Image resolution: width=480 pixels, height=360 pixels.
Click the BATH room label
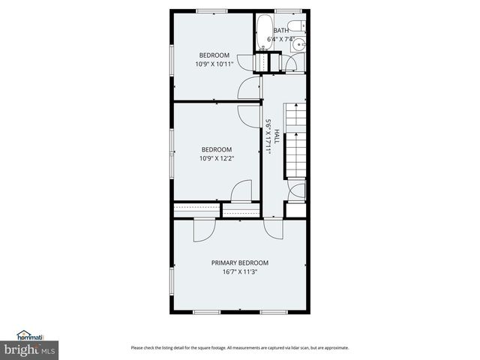coord(280,30)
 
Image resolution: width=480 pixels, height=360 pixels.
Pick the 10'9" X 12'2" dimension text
coord(215,158)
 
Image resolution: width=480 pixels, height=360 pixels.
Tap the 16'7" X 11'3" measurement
coord(239,272)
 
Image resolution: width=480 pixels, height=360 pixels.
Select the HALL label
coord(277,135)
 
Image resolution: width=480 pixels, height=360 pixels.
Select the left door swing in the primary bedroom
coord(202,230)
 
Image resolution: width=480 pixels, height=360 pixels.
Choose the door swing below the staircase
coord(297,190)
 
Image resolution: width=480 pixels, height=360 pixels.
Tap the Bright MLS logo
coord(29,349)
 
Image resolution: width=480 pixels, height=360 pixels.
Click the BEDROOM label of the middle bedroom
coord(216,149)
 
